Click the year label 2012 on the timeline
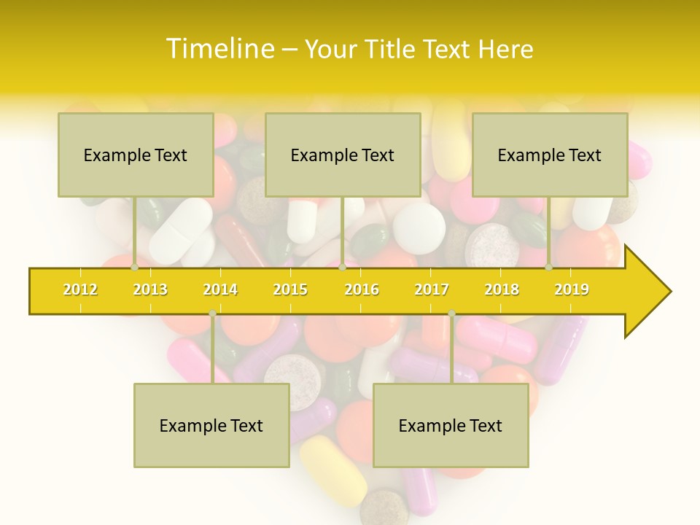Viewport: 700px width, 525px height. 80,289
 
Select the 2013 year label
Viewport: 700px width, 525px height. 150,289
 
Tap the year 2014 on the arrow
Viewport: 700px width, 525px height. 220,289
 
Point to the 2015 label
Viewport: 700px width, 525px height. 290,289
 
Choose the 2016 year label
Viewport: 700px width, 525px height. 362,289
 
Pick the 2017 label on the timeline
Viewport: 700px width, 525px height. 432,289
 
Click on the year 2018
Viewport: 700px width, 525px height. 502,289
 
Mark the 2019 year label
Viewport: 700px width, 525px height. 572,289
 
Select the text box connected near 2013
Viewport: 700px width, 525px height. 136,155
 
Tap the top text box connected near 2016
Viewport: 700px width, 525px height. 343,155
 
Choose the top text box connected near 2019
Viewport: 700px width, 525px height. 550,155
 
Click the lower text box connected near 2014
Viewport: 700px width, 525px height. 211,425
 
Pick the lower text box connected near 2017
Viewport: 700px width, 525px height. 451,425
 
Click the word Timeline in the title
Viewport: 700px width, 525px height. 219,49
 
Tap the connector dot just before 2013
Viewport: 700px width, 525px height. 135,268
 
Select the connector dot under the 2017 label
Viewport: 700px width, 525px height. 451,314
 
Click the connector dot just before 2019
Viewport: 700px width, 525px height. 549,268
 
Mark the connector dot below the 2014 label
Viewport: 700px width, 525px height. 212,314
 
